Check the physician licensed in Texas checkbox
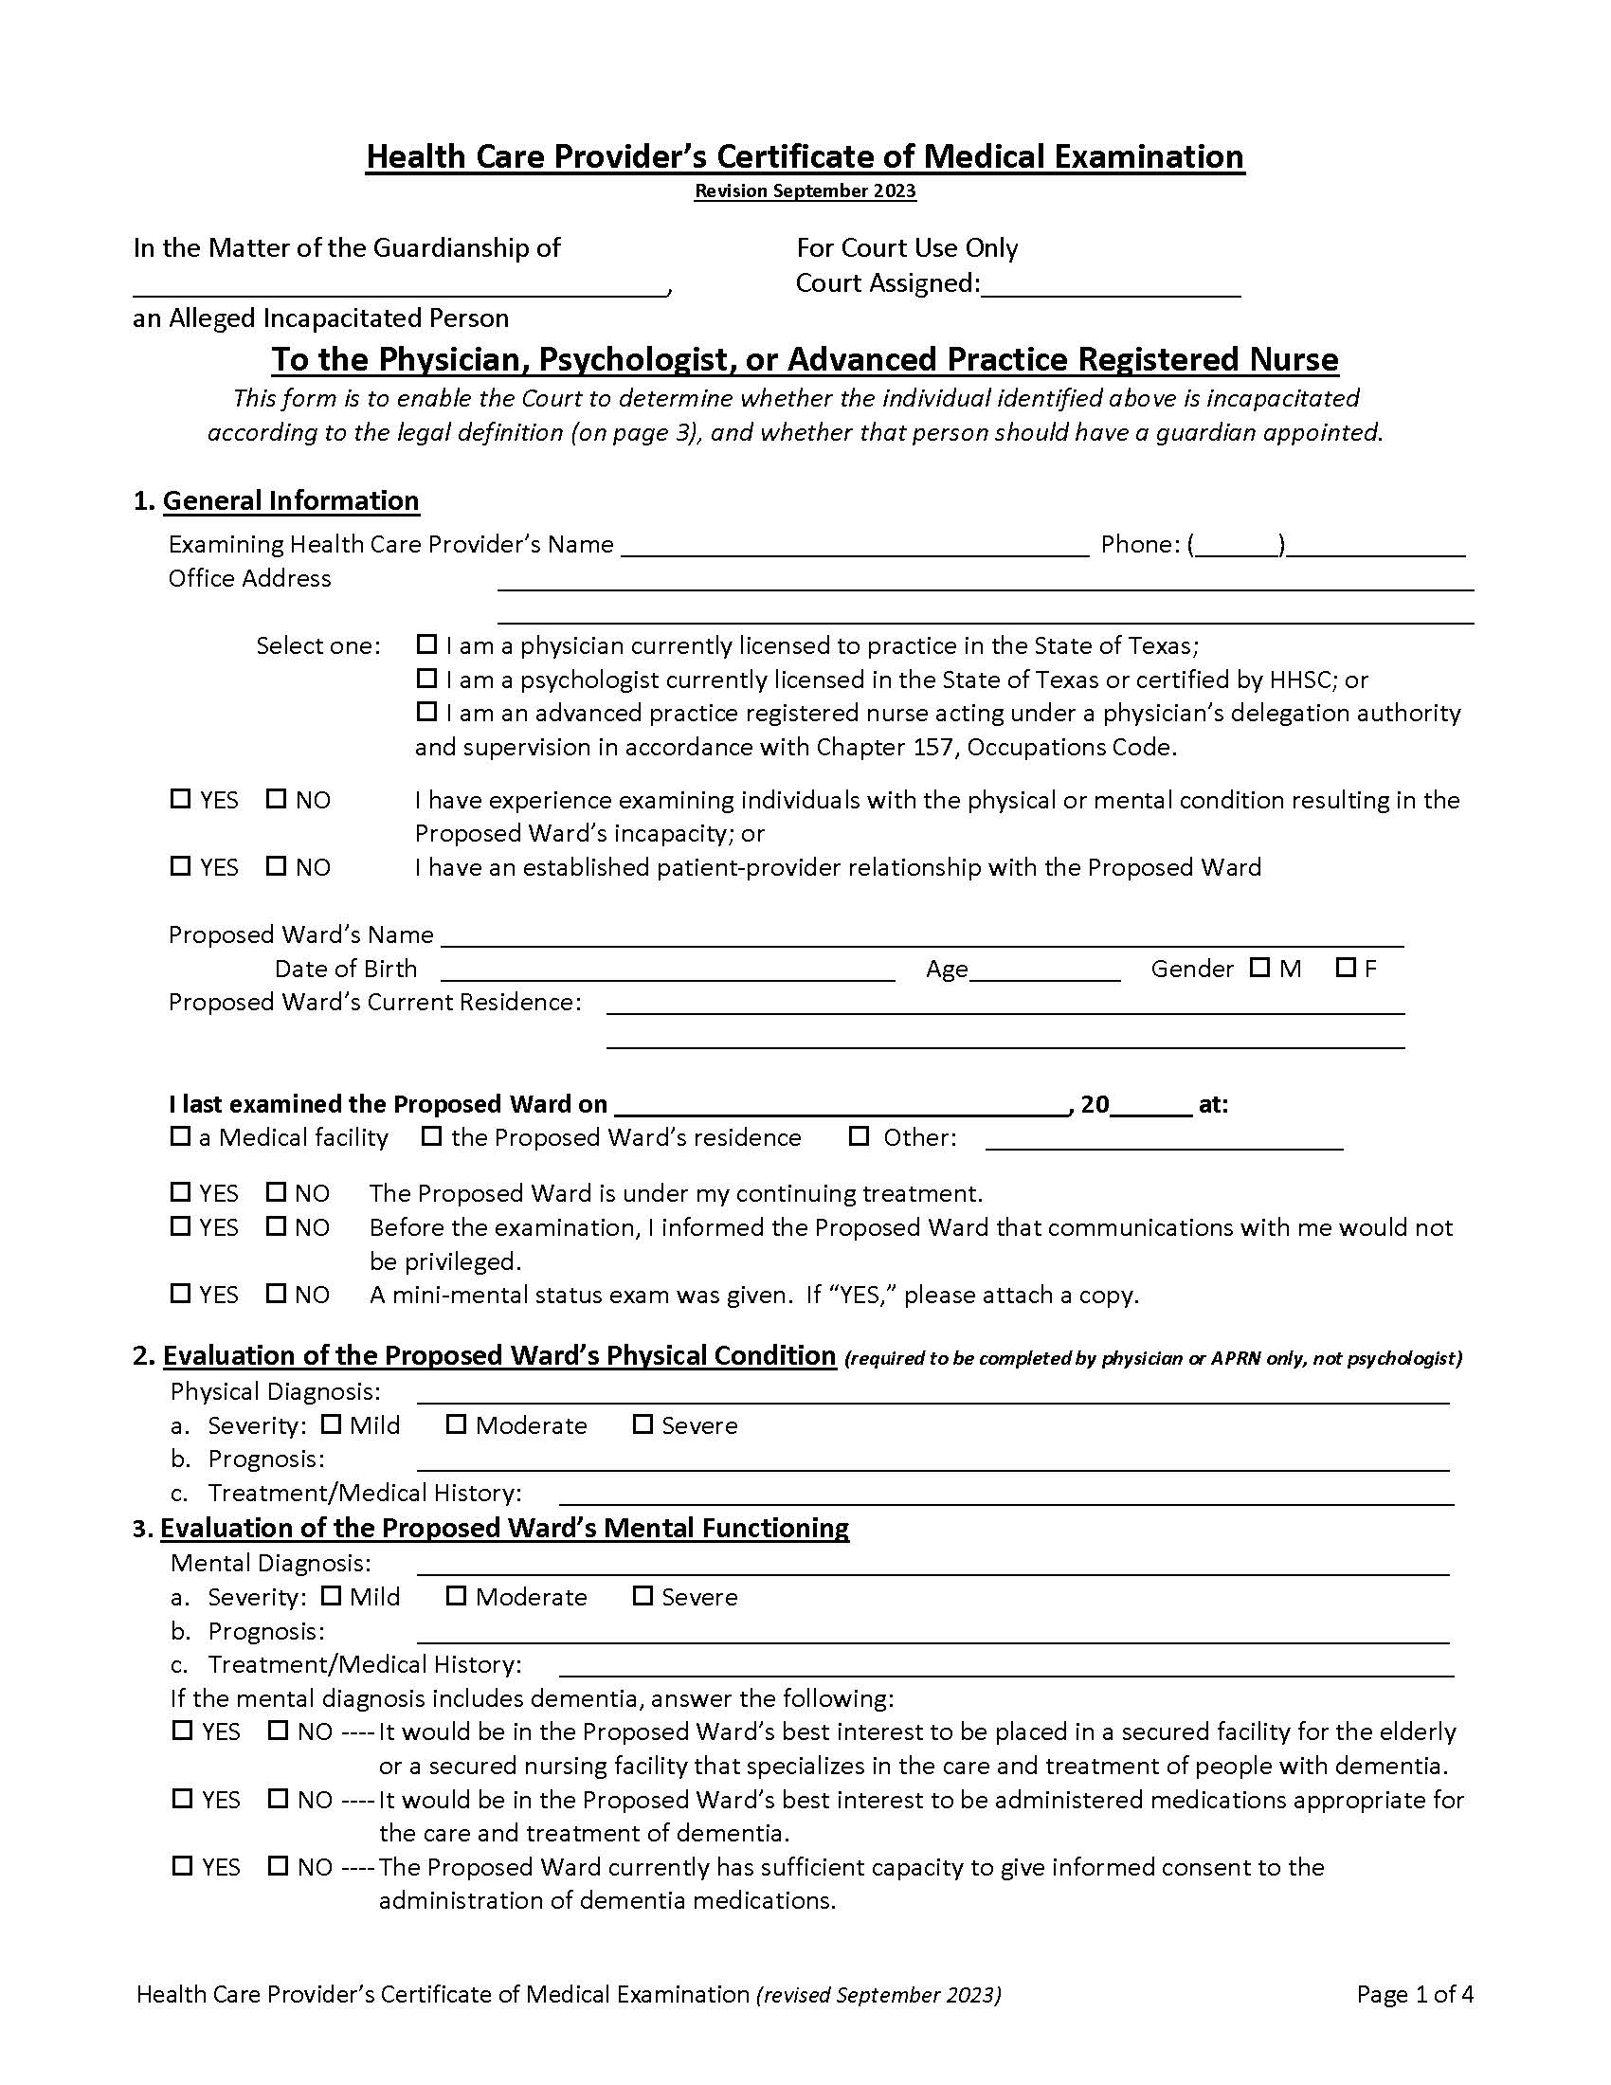click(x=426, y=644)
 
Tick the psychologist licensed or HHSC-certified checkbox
click(x=426, y=678)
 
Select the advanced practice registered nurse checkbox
click(x=426, y=711)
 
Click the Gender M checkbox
click(x=1259, y=967)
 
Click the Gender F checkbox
click(x=1346, y=967)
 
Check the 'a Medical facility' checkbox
click(x=180, y=1136)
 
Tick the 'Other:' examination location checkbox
click(x=859, y=1136)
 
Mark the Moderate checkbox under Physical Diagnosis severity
click(x=456, y=1424)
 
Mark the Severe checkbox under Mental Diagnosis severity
click(x=643, y=1596)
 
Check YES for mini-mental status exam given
click(x=180, y=1294)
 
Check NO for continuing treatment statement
click(x=277, y=1192)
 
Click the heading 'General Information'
click(x=290, y=501)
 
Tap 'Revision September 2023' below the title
click(x=805, y=190)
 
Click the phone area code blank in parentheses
click(x=1237, y=546)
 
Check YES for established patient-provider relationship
click(x=180, y=866)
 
